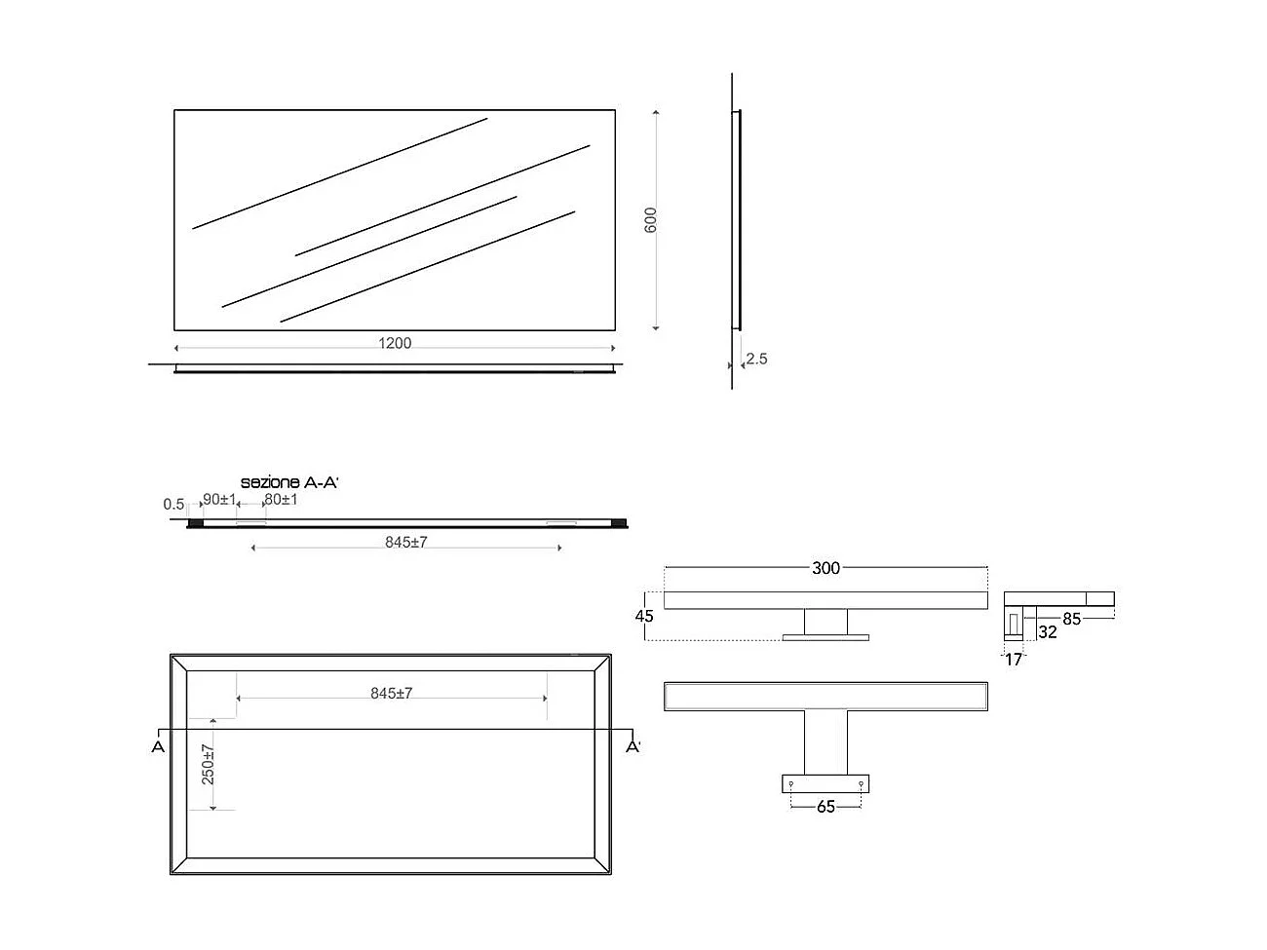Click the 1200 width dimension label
395,343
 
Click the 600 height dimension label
651,219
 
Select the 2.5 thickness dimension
756,360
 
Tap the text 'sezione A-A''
289,482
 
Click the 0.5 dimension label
173,504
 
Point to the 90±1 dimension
219,499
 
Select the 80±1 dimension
281,499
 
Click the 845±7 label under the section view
406,542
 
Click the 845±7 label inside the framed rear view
392,693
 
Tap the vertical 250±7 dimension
207,764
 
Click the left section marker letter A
158,747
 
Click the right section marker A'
633,747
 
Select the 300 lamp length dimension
825,568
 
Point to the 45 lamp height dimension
644,616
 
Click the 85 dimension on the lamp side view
1071,619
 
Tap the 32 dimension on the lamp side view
1048,632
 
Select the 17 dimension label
1014,660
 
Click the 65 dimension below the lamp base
825,807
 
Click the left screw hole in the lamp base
791,783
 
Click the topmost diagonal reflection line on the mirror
339,173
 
